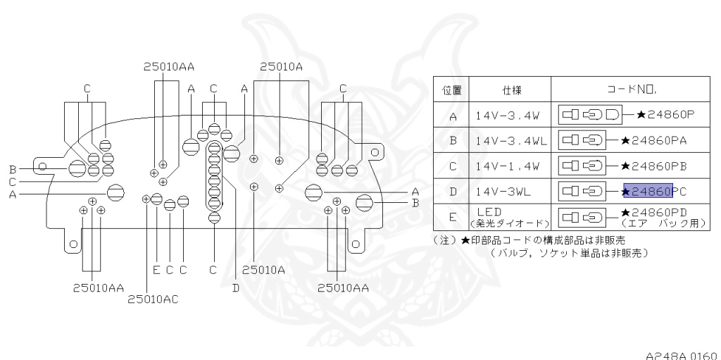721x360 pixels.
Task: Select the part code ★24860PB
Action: [x=656, y=166]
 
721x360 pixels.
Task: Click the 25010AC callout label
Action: [x=153, y=299]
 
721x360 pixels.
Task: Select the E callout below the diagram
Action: [x=156, y=269]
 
